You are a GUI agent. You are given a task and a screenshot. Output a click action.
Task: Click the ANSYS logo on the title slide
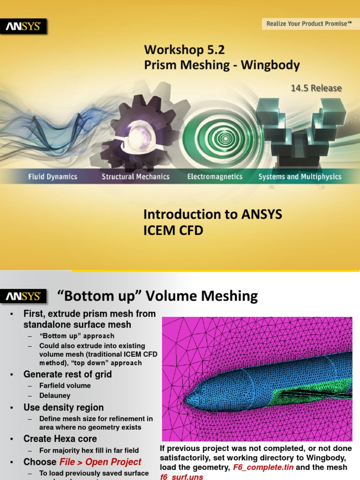point(26,27)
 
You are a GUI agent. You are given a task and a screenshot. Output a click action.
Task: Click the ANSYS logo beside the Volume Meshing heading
point(26,296)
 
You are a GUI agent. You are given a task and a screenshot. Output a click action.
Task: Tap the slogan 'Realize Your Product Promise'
point(308,23)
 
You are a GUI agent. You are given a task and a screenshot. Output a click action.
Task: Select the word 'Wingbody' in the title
point(270,65)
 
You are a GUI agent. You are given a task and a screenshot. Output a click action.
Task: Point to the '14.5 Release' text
point(316,88)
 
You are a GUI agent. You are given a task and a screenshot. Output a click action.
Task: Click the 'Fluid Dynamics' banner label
point(52,177)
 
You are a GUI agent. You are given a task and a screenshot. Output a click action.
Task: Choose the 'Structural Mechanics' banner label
point(135,177)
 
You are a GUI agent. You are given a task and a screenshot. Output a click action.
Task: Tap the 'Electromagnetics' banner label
point(215,177)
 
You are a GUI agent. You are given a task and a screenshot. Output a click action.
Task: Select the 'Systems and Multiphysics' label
point(300,177)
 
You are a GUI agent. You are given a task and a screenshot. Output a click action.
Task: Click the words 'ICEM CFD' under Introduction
point(173,230)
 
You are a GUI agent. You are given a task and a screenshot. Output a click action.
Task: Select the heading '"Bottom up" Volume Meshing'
point(157,296)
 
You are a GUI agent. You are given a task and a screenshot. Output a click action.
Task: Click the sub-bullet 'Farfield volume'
point(65,385)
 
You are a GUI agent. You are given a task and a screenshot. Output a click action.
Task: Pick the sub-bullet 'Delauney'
point(55,396)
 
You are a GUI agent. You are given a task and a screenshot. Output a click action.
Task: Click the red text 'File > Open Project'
point(100,462)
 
